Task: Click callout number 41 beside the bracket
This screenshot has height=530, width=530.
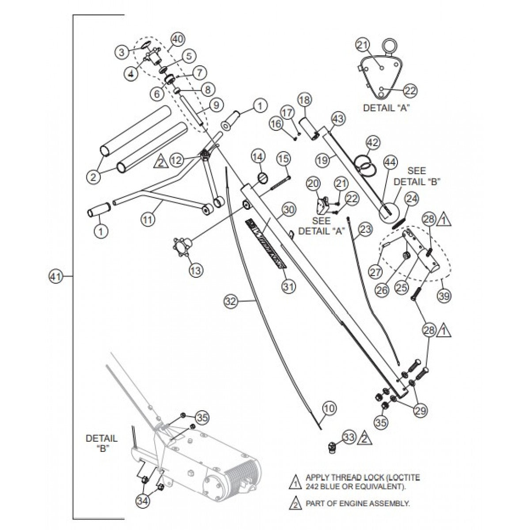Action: click(54, 277)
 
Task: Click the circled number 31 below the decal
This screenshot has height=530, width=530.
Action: click(288, 286)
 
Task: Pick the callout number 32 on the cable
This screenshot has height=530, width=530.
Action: click(231, 302)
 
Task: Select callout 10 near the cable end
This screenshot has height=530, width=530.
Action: click(329, 409)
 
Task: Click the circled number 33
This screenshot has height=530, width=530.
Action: click(349, 437)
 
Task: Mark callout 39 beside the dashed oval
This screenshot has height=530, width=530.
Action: click(444, 296)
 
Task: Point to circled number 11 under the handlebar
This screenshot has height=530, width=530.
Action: click(148, 219)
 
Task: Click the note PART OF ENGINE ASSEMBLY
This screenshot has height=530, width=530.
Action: click(357, 503)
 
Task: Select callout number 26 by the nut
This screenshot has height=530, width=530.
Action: click(382, 290)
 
